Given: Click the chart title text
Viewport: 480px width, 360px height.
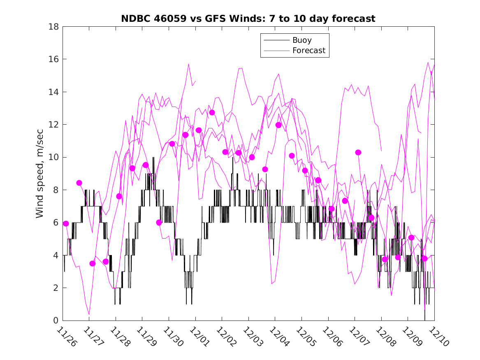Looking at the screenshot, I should pos(248,19).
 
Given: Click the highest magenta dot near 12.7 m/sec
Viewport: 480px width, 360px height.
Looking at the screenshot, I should pos(212,112).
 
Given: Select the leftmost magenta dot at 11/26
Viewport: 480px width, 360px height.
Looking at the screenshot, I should pos(66,223).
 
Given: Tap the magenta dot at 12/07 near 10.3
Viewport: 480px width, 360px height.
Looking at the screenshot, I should pos(358,152).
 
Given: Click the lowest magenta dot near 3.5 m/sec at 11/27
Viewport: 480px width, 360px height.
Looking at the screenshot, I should pos(93,263).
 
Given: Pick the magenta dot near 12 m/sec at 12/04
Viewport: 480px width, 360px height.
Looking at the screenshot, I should pos(278,125).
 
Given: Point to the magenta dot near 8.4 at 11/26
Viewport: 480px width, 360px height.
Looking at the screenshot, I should pos(79,183).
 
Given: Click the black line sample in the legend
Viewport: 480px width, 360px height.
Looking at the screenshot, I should pos(276,40).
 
